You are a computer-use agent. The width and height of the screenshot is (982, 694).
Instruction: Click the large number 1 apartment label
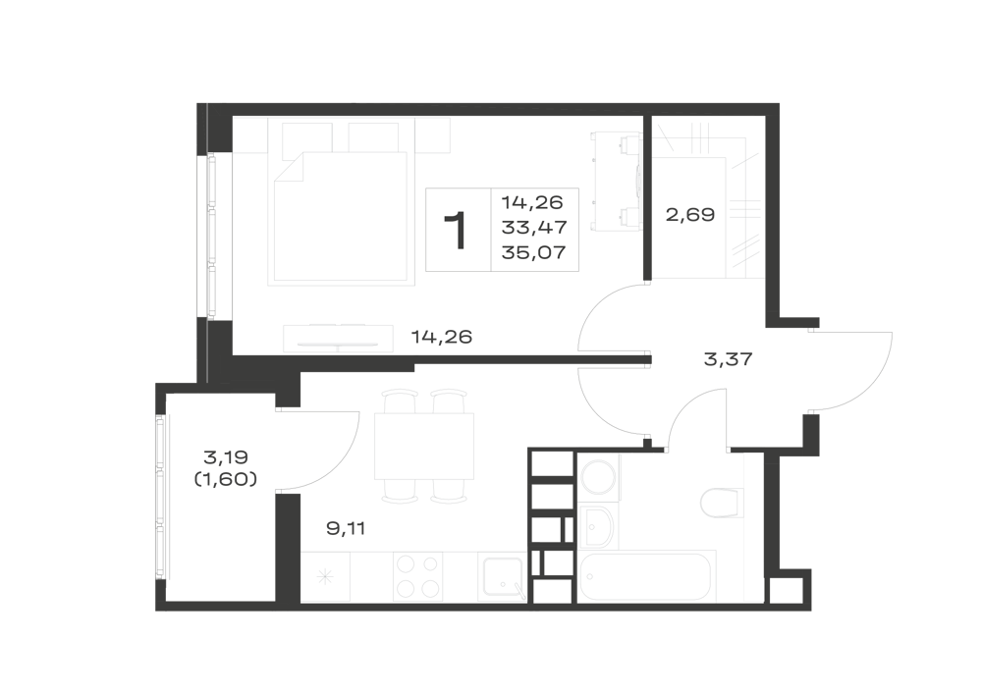[x=457, y=231]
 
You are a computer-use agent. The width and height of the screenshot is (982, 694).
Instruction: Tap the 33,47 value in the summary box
[x=533, y=227]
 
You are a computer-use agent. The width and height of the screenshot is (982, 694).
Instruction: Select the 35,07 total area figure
[x=533, y=252]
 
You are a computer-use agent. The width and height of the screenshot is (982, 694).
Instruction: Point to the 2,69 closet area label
[x=689, y=215]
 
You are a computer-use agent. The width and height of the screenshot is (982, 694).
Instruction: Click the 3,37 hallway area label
[x=728, y=359]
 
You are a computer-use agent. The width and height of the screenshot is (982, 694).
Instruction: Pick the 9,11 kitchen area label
[x=346, y=529]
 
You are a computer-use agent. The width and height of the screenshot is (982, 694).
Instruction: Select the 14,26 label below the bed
[x=442, y=337]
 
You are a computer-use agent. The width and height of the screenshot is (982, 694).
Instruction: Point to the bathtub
[x=647, y=576]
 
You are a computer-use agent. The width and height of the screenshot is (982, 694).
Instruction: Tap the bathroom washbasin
[x=597, y=527]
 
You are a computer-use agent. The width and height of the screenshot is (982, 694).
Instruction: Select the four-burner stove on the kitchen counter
[x=417, y=577]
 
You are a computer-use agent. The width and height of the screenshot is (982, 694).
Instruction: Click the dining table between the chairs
[x=424, y=446]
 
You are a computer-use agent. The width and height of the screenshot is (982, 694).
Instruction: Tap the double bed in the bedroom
[x=342, y=216]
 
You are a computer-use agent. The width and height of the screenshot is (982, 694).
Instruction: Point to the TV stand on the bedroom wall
[x=338, y=338]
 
